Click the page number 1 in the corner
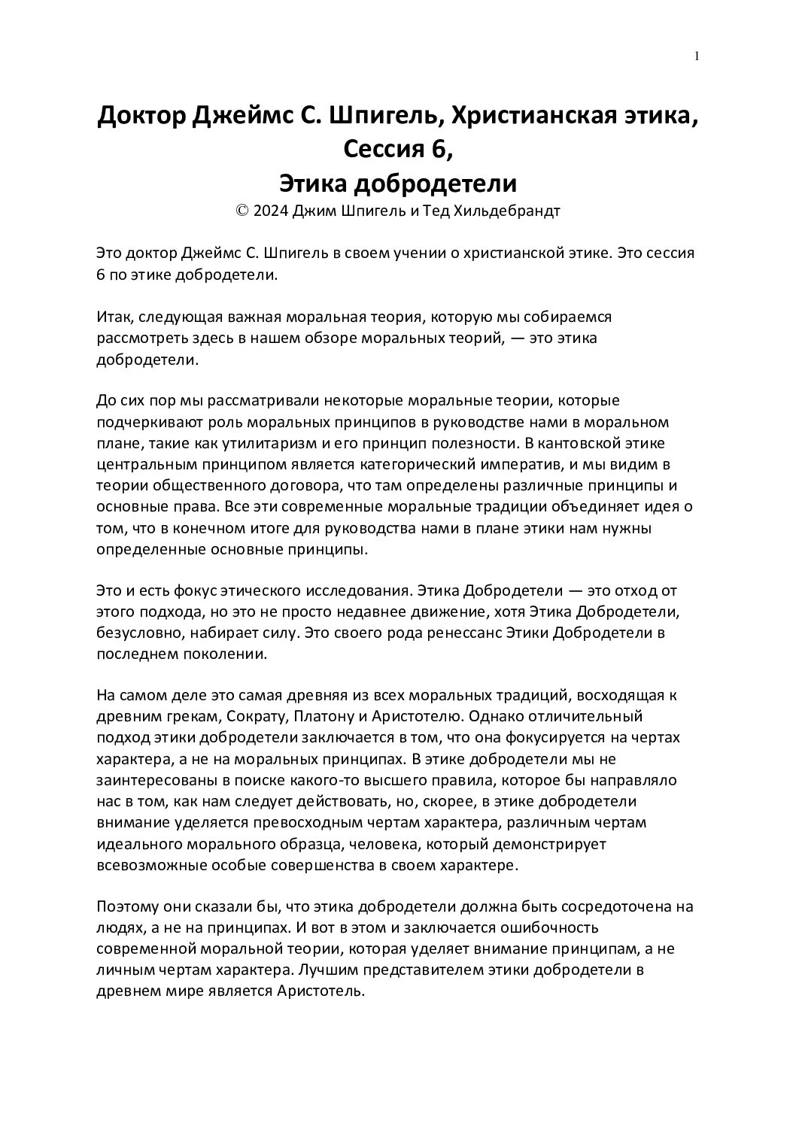click(697, 56)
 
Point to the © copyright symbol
click(242, 211)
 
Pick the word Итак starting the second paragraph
click(114, 317)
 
